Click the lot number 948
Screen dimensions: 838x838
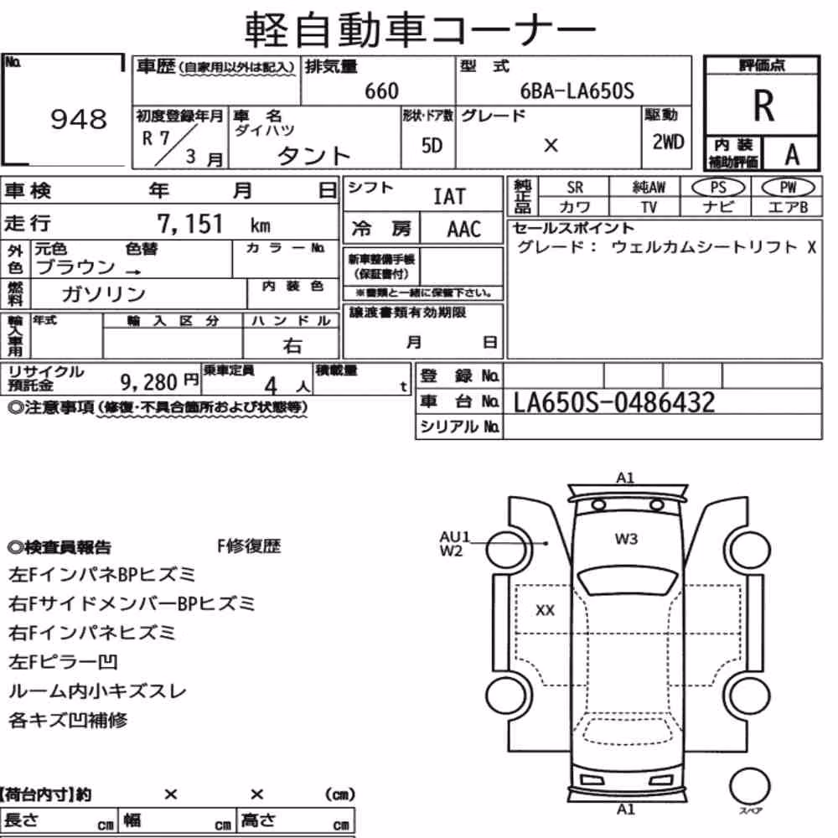coord(79,119)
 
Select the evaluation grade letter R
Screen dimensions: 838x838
coord(763,106)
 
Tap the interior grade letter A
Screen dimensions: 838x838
coord(792,155)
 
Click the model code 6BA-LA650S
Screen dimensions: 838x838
coord(577,91)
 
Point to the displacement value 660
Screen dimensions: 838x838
coord(381,91)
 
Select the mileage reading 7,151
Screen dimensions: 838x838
coord(189,224)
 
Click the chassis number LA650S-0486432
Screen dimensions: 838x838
coord(614,402)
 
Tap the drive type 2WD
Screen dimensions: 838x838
coord(668,142)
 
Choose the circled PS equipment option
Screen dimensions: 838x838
coord(718,188)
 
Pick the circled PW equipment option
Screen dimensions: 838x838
coord(788,188)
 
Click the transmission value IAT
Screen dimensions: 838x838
coord(449,197)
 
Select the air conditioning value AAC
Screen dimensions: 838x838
coord(464,230)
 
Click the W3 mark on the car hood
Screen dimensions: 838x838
coord(626,539)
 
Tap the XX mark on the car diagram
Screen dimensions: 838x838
coord(546,610)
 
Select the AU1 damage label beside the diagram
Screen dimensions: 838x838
coord(454,536)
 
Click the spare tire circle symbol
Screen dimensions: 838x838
coord(749,786)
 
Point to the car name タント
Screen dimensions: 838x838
coord(313,156)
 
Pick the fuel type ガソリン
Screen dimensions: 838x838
coord(104,293)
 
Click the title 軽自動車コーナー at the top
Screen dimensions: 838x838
coord(420,30)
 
